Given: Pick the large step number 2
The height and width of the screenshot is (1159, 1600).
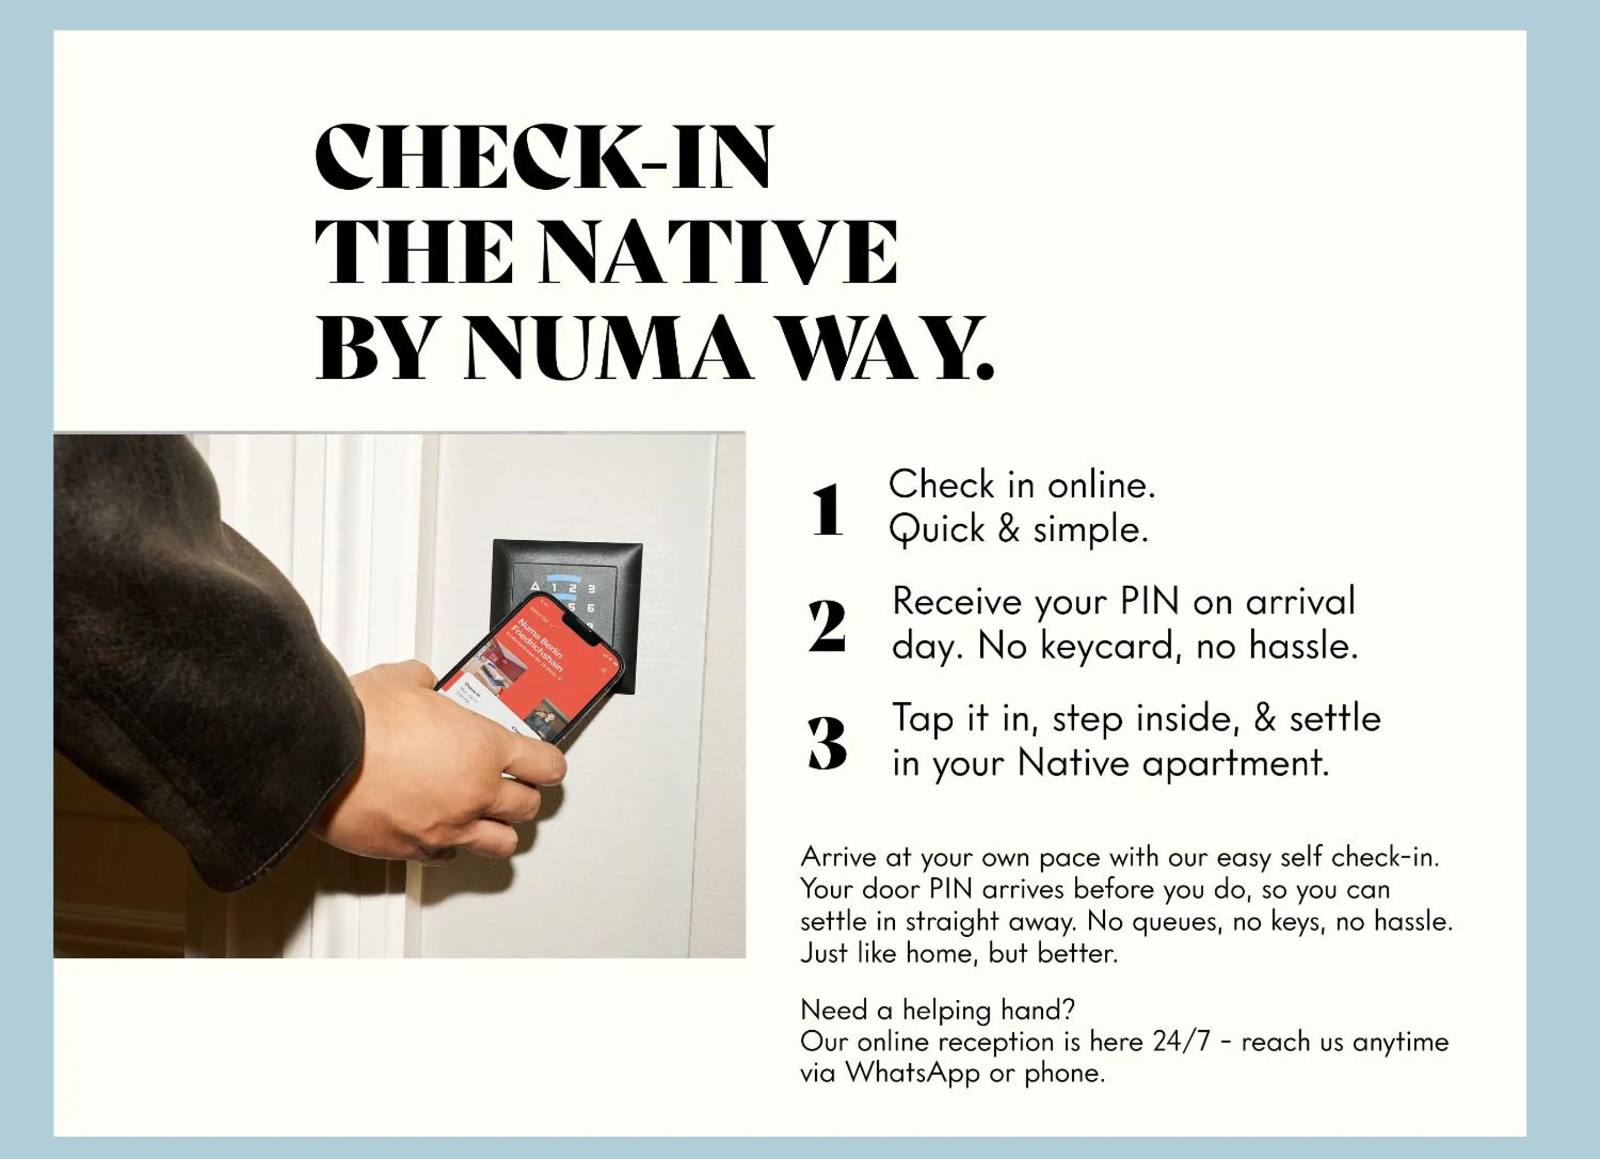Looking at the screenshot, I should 827,625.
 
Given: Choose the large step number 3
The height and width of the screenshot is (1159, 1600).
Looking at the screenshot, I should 827,743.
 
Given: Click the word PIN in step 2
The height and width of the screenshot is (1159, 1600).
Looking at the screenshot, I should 1149,602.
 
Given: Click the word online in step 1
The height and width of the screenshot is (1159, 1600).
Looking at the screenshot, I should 1100,485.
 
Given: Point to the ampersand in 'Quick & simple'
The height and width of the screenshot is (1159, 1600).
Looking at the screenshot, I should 1009,529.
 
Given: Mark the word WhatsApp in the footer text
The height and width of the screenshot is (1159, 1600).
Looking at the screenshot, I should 912,1073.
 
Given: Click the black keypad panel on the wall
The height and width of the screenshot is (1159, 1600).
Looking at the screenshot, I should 607,565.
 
